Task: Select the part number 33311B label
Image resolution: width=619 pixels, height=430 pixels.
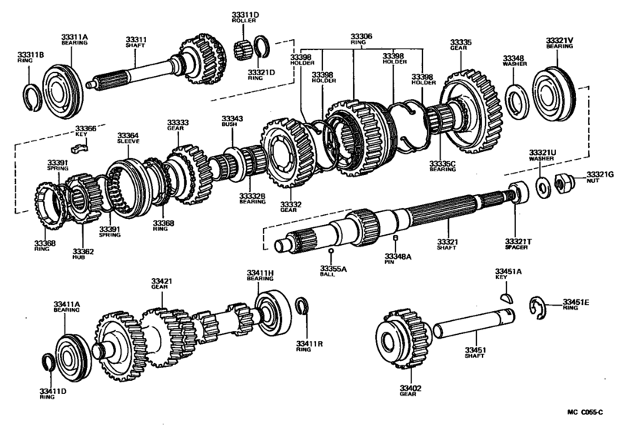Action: pyautogui.click(x=31, y=55)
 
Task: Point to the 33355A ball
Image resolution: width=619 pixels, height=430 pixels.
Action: pyautogui.click(x=331, y=252)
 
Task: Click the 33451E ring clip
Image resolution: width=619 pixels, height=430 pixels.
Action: pyautogui.click(x=537, y=309)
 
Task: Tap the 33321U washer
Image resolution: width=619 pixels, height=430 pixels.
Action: pyautogui.click(x=542, y=185)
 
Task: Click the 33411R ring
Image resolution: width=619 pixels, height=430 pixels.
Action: pyautogui.click(x=302, y=306)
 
